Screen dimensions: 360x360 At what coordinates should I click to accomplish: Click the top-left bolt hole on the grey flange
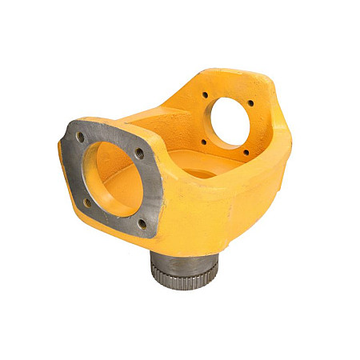[x=81, y=137]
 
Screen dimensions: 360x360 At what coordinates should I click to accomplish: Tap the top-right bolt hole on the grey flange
[x=139, y=152]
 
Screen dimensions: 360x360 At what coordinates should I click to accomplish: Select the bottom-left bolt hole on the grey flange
[x=87, y=202]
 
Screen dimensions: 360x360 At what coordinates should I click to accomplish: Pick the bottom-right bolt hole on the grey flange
[x=142, y=223]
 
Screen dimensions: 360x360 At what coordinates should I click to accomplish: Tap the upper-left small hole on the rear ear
[x=205, y=95]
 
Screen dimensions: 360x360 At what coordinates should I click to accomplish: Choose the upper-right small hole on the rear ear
[x=250, y=103]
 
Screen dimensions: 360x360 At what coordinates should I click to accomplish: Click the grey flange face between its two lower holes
[x=114, y=216]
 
